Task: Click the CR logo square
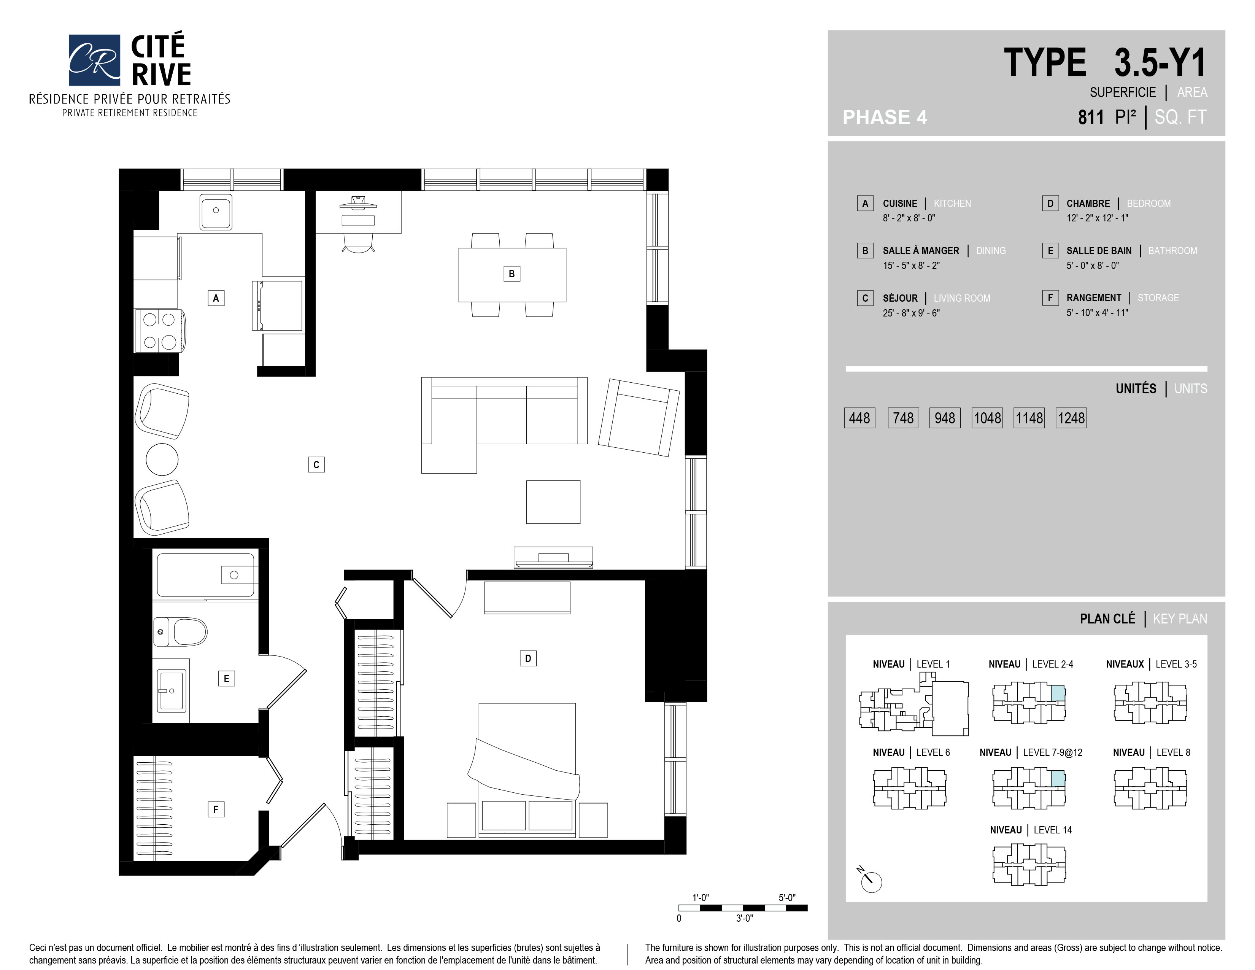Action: pyautogui.click(x=94, y=60)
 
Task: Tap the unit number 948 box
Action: pyautogui.click(x=945, y=418)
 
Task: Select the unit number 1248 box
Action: pyautogui.click(x=1071, y=418)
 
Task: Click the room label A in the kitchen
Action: pyautogui.click(x=216, y=298)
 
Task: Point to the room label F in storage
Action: pyautogui.click(x=216, y=809)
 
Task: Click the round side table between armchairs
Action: pyautogui.click(x=162, y=459)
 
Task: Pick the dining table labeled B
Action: pyautogui.click(x=512, y=275)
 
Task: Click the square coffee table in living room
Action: pyautogui.click(x=553, y=502)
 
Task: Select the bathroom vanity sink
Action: pyautogui.click(x=171, y=690)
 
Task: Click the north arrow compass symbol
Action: pyautogui.click(x=870, y=880)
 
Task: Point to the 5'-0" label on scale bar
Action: pyautogui.click(x=787, y=898)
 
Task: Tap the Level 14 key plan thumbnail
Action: pyautogui.click(x=1029, y=864)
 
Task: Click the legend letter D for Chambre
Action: pyautogui.click(x=1050, y=204)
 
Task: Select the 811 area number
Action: pyautogui.click(x=1091, y=117)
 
